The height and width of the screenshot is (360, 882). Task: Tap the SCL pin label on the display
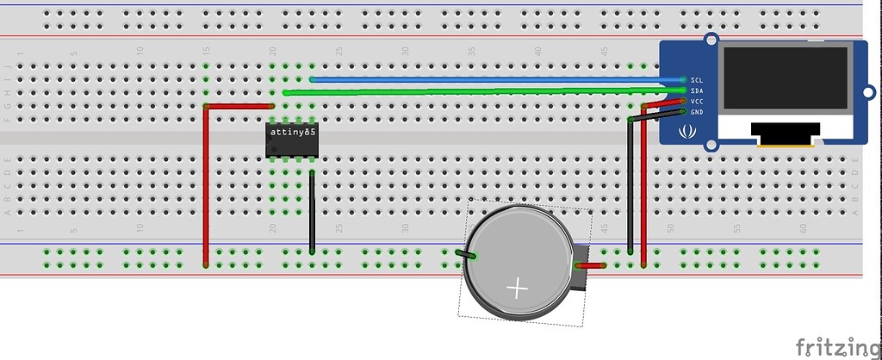pyautogui.click(x=698, y=79)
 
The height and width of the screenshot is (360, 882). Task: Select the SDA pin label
pyautogui.click(x=698, y=90)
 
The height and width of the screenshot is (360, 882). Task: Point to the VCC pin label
pyautogui.click(x=698, y=101)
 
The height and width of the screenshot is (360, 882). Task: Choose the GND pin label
pyautogui.click(x=698, y=112)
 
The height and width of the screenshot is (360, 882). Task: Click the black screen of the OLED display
pyautogui.click(x=785, y=78)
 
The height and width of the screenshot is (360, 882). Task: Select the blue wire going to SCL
pyautogui.click(x=491, y=79)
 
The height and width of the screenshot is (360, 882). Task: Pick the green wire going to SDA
pyautogui.click(x=482, y=90)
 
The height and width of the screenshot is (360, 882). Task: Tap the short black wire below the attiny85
pyautogui.click(x=311, y=211)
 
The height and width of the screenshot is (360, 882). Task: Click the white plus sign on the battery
pyautogui.click(x=517, y=288)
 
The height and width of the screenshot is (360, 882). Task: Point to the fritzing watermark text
pyautogui.click(x=837, y=346)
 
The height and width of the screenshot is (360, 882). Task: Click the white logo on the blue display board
pyautogui.click(x=688, y=132)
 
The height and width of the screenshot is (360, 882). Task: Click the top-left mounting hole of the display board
pyautogui.click(x=711, y=40)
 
